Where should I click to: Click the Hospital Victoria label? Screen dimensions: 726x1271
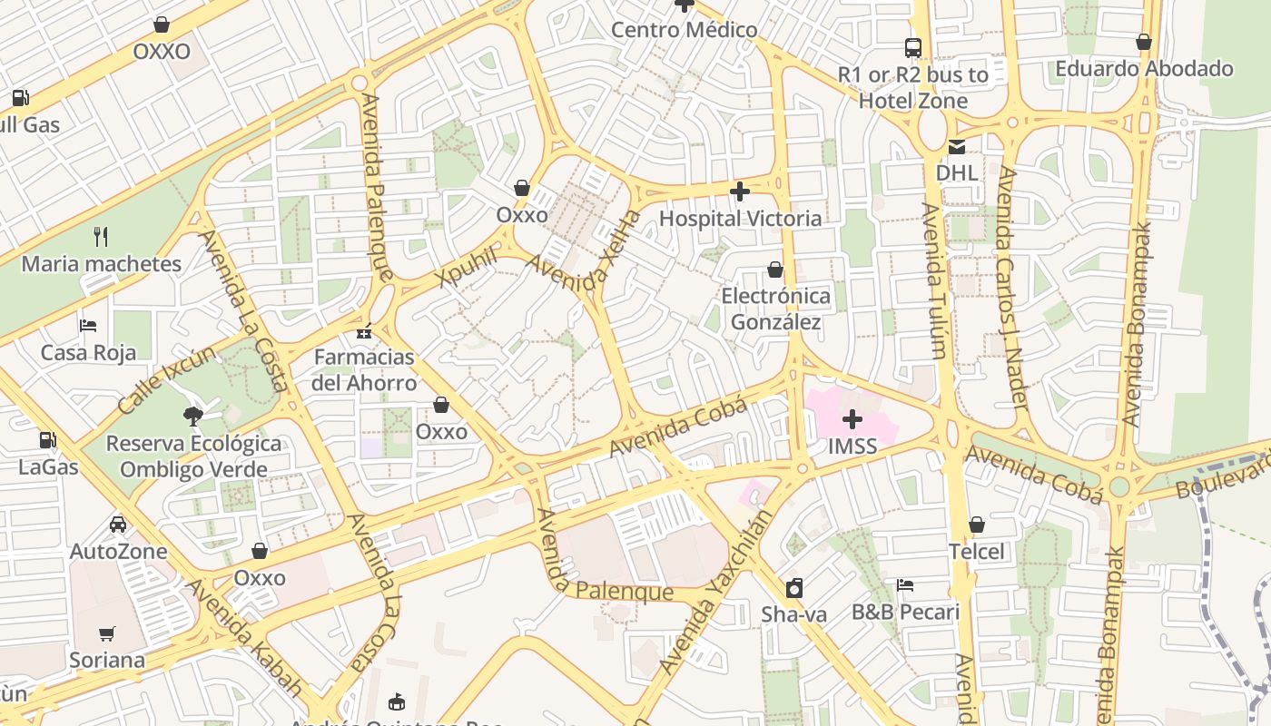[x=740, y=219]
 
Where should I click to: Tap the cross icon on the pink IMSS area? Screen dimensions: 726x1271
[x=852, y=419]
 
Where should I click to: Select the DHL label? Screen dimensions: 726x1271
[x=957, y=172]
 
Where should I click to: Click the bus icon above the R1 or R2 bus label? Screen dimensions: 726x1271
[x=912, y=48]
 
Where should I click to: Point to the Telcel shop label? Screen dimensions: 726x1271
[x=977, y=552]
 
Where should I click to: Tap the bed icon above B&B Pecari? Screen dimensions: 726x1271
[x=904, y=585]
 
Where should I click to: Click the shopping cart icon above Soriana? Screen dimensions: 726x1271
[x=107, y=633]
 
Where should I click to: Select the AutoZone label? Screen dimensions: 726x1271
[x=119, y=552]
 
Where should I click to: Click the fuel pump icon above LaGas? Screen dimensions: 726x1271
[x=47, y=441]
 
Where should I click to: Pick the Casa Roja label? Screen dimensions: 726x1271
[x=88, y=353]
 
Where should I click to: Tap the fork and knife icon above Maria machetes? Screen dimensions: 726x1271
[x=101, y=238]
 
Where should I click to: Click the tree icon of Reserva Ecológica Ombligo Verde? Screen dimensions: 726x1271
[x=192, y=417]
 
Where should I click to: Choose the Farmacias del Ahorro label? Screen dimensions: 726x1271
[x=364, y=369]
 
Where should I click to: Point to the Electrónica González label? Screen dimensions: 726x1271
[x=775, y=309]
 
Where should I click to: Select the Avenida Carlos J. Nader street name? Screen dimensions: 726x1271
[x=1013, y=287]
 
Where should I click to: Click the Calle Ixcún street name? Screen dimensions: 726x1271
[x=166, y=379]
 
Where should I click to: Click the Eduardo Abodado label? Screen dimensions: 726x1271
[x=1144, y=69]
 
